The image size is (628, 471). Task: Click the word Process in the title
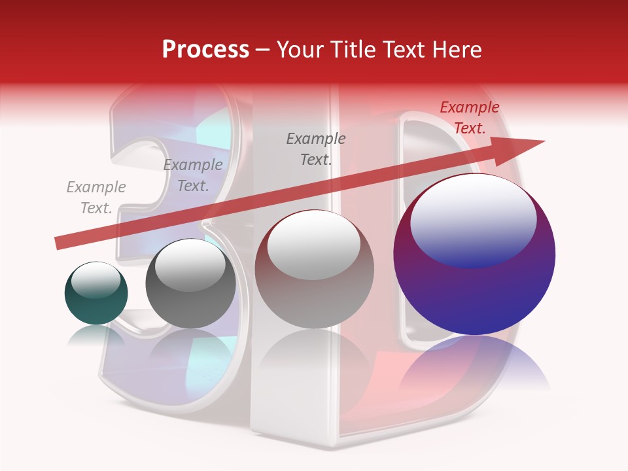point(205,50)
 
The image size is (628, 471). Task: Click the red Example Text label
point(469,118)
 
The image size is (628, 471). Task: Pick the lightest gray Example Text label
point(96,198)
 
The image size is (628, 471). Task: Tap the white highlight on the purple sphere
point(473,219)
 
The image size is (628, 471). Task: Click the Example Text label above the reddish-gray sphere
point(316,149)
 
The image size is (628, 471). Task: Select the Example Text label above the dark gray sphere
point(193,175)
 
